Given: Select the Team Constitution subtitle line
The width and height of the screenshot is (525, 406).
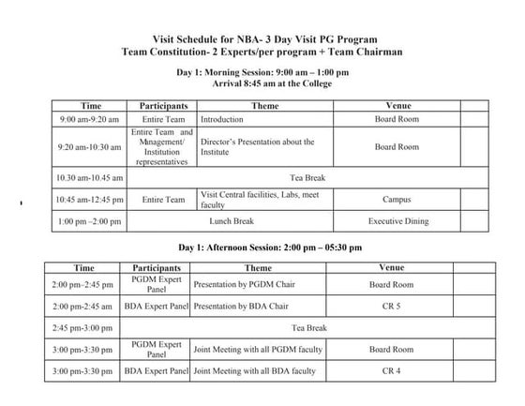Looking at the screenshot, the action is [262, 53].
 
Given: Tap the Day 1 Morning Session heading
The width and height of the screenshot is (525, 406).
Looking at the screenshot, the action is [262, 72].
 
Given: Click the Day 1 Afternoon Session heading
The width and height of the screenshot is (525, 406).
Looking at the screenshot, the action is [262, 248].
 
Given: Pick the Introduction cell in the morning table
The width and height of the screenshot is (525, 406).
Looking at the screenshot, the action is [222, 120].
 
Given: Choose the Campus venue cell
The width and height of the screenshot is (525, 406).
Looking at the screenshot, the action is [397, 199].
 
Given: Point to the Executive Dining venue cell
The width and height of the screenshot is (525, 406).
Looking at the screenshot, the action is [397, 221].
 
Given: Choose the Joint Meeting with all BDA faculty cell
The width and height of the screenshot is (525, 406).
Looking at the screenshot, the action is [254, 371].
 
